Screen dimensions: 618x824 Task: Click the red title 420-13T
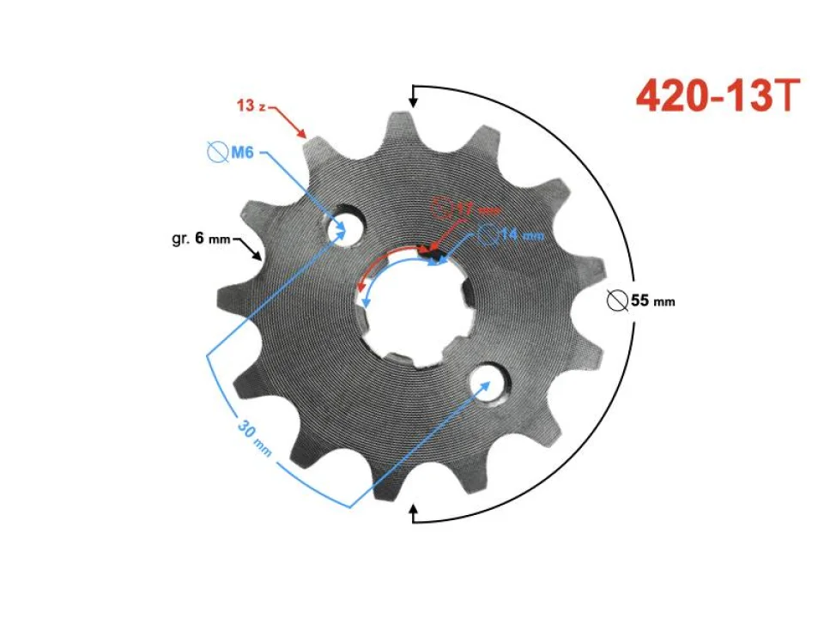(718, 96)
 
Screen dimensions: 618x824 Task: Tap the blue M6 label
(240, 154)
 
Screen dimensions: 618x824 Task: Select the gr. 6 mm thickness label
(201, 238)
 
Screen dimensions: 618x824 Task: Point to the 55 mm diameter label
(651, 301)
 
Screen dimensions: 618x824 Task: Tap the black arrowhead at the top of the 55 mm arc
(413, 101)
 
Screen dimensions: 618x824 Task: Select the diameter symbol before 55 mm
(615, 301)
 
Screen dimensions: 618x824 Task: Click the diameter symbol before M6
(216, 154)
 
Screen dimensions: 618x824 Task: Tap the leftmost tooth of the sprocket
(230, 301)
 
